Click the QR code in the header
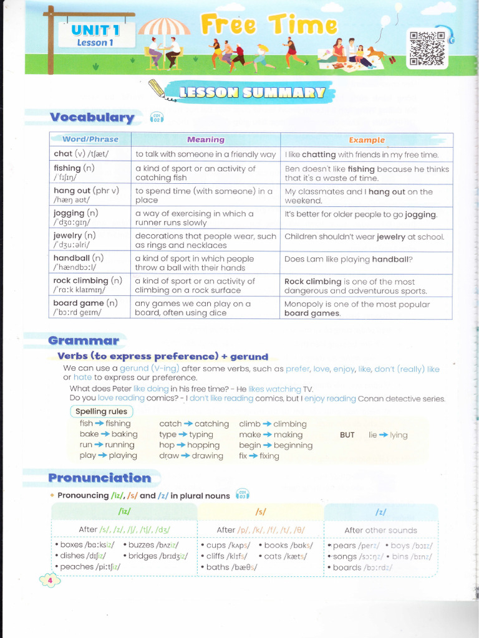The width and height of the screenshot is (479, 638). pos(427,48)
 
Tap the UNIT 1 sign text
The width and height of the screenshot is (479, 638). pos(95,30)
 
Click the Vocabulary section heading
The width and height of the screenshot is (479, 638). pos(92,117)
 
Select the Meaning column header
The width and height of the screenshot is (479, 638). pos(205,140)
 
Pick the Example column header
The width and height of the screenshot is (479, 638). pos(366,140)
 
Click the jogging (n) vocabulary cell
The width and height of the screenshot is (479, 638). pos(89,217)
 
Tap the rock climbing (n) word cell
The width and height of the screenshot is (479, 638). pos(89,285)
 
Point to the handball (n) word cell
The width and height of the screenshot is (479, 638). pos(89,262)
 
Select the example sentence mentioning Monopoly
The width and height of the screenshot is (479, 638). pos(366,308)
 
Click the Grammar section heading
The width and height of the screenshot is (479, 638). pos(84,340)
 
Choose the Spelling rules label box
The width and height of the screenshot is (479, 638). pos(101,411)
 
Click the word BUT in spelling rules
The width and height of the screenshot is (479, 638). pos(347,435)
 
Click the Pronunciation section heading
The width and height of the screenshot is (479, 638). pos(100,478)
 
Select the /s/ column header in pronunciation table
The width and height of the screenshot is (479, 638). pos(261,512)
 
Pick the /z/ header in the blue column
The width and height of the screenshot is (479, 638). pos(380,512)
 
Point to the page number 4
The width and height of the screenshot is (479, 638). pos(49,581)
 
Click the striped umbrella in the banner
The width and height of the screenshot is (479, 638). pos(164,27)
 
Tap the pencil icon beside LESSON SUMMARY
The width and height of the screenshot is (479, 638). pos(160,92)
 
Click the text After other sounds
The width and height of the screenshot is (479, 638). pos(380,530)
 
